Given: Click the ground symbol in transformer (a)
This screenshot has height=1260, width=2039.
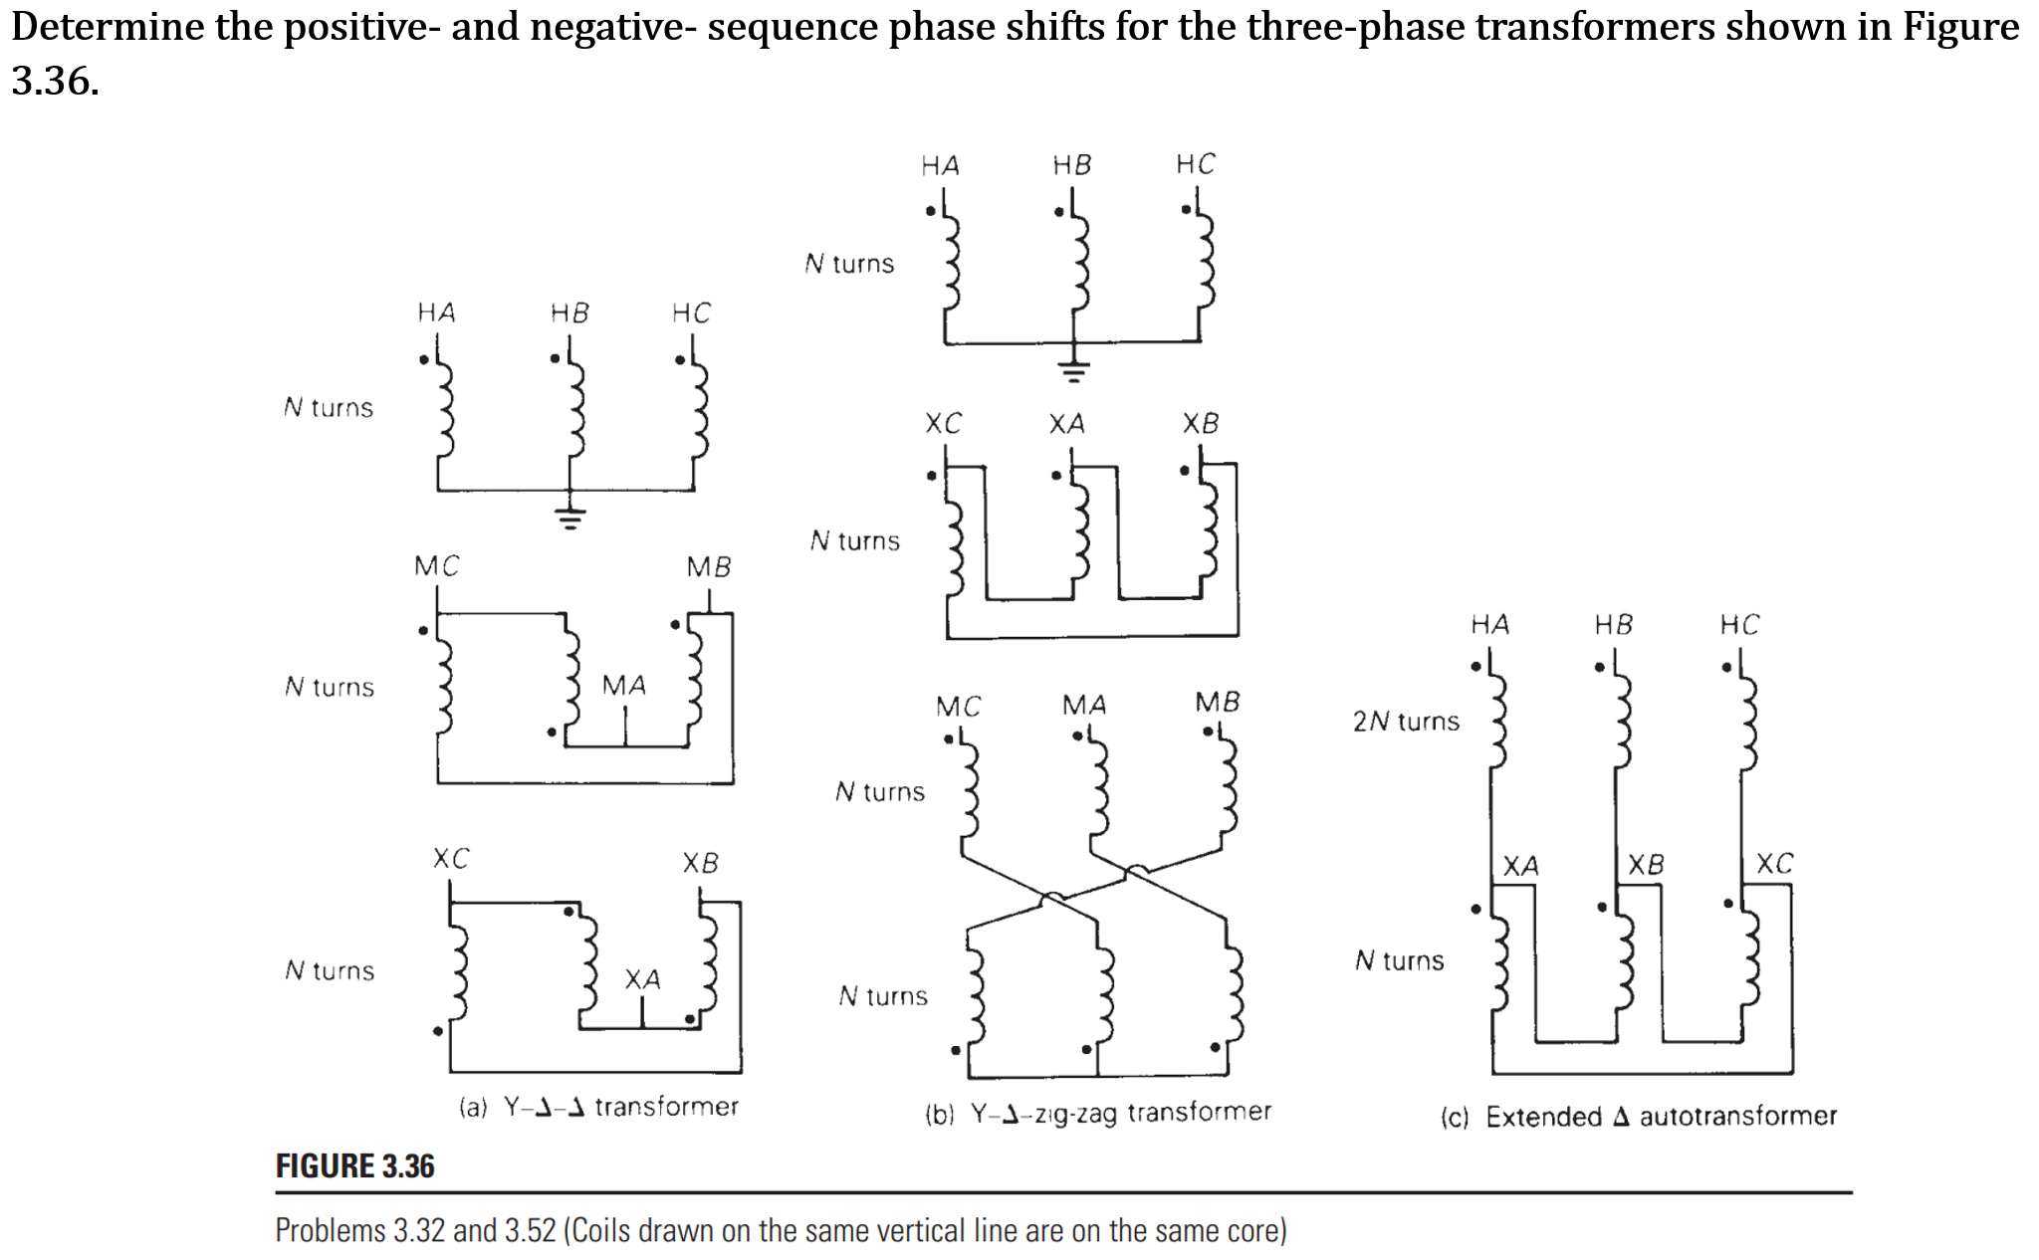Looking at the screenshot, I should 569,519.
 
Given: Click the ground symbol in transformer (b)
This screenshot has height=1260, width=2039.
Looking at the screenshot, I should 1072,372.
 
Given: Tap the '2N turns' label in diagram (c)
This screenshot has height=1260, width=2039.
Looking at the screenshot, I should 1405,722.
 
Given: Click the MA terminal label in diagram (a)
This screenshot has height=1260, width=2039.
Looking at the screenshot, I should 624,686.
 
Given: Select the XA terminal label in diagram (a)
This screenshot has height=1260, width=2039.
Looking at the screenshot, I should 642,979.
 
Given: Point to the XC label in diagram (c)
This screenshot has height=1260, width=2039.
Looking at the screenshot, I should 1774,863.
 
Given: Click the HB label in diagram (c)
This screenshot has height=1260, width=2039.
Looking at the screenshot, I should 1613,625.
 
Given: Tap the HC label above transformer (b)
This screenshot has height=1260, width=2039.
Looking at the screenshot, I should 1195,164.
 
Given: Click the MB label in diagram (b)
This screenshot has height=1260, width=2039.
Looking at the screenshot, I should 1217,703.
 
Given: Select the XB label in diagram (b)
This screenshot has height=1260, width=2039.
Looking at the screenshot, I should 1200,424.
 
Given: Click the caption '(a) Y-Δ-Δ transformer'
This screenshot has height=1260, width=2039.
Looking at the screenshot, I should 598,1107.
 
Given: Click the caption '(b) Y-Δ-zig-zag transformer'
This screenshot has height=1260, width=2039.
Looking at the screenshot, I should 1098,1112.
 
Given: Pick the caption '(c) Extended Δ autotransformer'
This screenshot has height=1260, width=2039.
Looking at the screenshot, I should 1638,1117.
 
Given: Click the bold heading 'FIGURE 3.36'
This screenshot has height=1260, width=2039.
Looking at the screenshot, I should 354,1166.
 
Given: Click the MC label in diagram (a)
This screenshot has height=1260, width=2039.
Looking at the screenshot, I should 436,566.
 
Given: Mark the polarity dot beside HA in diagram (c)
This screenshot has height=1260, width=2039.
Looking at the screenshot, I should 1475,666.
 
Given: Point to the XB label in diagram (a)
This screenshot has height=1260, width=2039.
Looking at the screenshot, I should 700,863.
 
